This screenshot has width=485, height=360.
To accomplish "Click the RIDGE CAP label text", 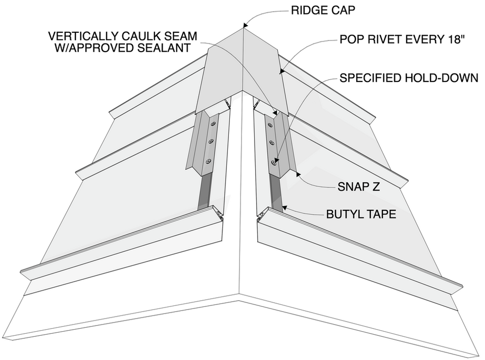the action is click(323, 10).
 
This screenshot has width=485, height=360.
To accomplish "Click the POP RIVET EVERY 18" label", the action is click(402, 39).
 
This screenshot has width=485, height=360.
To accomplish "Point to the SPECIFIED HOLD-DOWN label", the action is click(409, 78).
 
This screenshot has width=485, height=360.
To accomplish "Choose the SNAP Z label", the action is click(359, 187).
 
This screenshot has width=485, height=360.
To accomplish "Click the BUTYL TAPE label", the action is click(361, 214).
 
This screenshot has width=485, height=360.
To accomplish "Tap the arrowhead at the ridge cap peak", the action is click(246, 25).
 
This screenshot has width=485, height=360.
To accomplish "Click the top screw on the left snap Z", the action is click(213, 124).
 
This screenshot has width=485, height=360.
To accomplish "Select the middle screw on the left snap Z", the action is click(211, 142).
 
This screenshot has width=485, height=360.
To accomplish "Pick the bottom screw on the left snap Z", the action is click(209, 161).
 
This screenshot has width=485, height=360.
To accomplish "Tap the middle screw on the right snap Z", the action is click(272, 143).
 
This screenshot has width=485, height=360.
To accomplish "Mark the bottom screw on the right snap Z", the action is click(273, 162).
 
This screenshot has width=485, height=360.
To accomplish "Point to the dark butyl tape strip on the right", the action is click(276, 193).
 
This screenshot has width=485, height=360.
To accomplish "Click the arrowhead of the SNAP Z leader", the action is click(298, 174).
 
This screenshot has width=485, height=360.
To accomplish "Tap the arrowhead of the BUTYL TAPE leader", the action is click(284, 208).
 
